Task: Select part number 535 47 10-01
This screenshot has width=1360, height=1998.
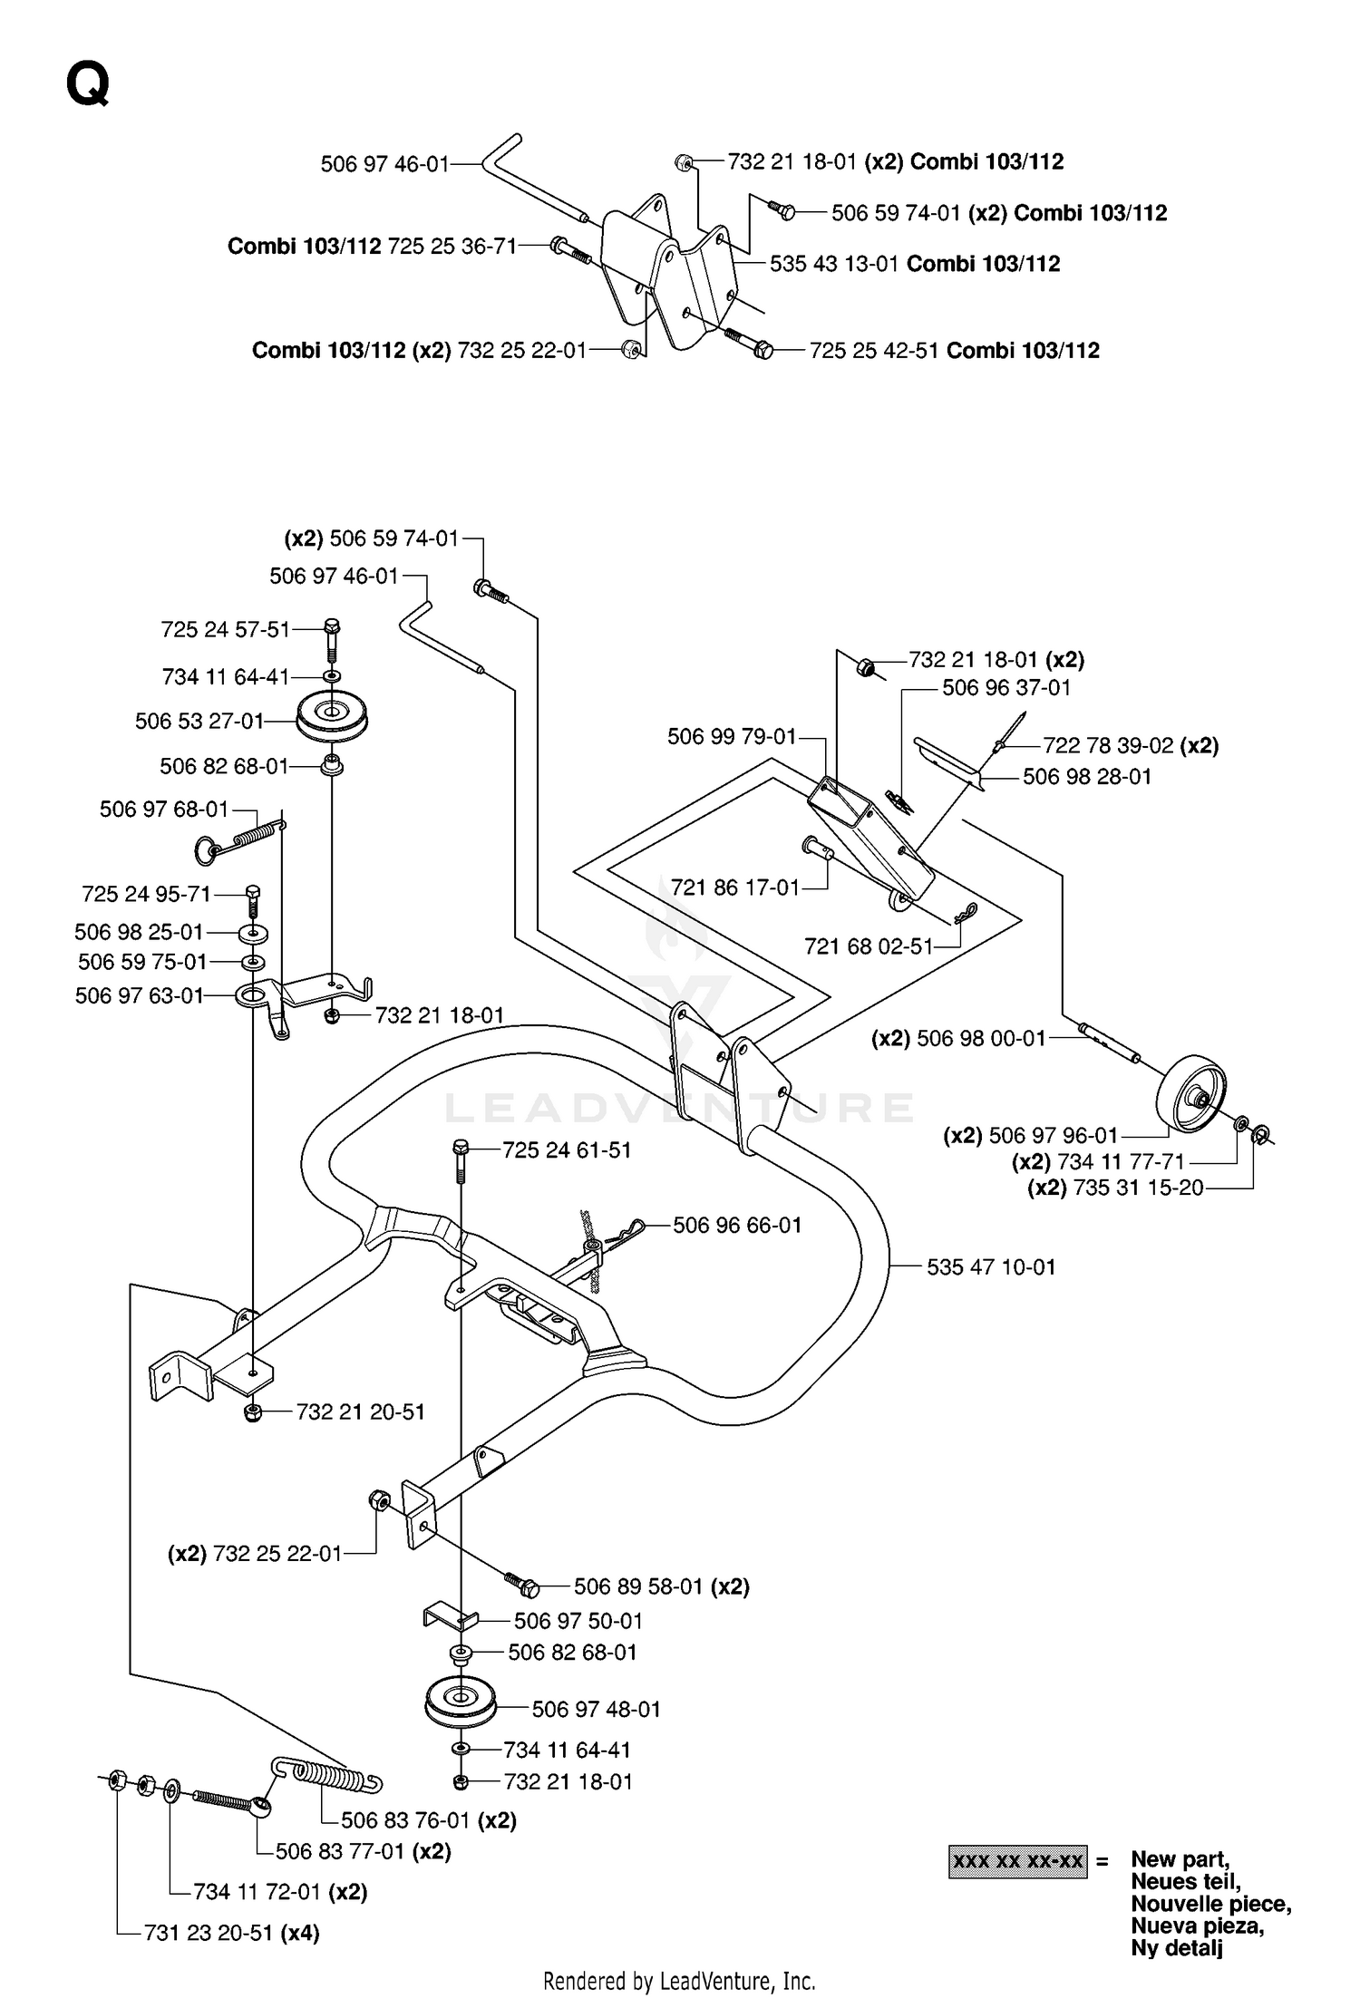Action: coord(991,1266)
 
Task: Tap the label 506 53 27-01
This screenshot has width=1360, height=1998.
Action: coord(199,721)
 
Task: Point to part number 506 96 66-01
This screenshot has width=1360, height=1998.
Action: coord(737,1225)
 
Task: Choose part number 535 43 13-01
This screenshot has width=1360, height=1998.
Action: coord(834,264)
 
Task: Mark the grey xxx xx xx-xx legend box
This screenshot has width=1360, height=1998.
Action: coord(1017,1861)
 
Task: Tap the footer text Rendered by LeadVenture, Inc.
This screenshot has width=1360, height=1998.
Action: coord(679,1980)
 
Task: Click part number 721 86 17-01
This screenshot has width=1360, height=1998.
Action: coord(735,887)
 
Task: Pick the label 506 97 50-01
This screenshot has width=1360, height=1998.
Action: coord(578,1620)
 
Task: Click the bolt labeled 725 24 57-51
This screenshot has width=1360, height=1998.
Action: coord(331,640)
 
